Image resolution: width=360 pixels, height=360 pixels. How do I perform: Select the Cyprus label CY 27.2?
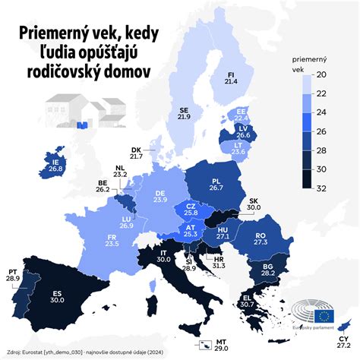point(344,349)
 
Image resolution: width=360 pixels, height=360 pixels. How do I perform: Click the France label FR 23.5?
point(112,239)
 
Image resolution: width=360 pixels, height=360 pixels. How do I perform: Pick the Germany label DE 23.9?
point(160,195)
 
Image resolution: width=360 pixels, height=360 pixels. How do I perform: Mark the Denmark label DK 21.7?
point(136,152)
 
